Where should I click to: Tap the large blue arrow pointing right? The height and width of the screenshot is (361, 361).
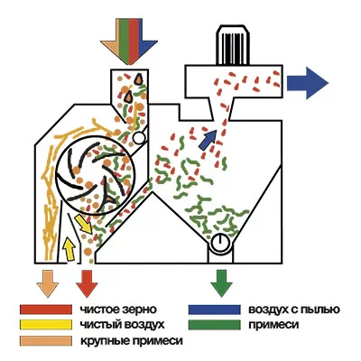308,83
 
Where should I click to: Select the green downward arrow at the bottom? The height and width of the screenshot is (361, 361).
221,283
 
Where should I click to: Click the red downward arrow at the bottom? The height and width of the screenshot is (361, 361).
87,283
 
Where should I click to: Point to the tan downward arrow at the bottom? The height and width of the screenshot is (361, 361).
47,283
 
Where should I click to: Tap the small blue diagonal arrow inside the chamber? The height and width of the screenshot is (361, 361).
208,139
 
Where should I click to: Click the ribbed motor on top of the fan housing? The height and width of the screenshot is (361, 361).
233,45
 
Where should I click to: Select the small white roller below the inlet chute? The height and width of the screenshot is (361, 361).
139,138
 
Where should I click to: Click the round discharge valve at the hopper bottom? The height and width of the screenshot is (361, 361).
220,243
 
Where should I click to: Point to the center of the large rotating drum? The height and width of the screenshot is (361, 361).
94,175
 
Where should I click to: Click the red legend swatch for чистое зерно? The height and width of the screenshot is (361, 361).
46,310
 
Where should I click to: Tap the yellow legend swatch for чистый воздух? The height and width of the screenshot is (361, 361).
46,325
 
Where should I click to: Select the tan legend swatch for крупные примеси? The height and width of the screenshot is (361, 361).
46,341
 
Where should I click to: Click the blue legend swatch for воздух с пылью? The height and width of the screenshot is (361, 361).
215,310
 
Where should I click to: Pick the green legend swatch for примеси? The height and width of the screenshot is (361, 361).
215,325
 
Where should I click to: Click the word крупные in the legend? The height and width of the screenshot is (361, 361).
101,342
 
